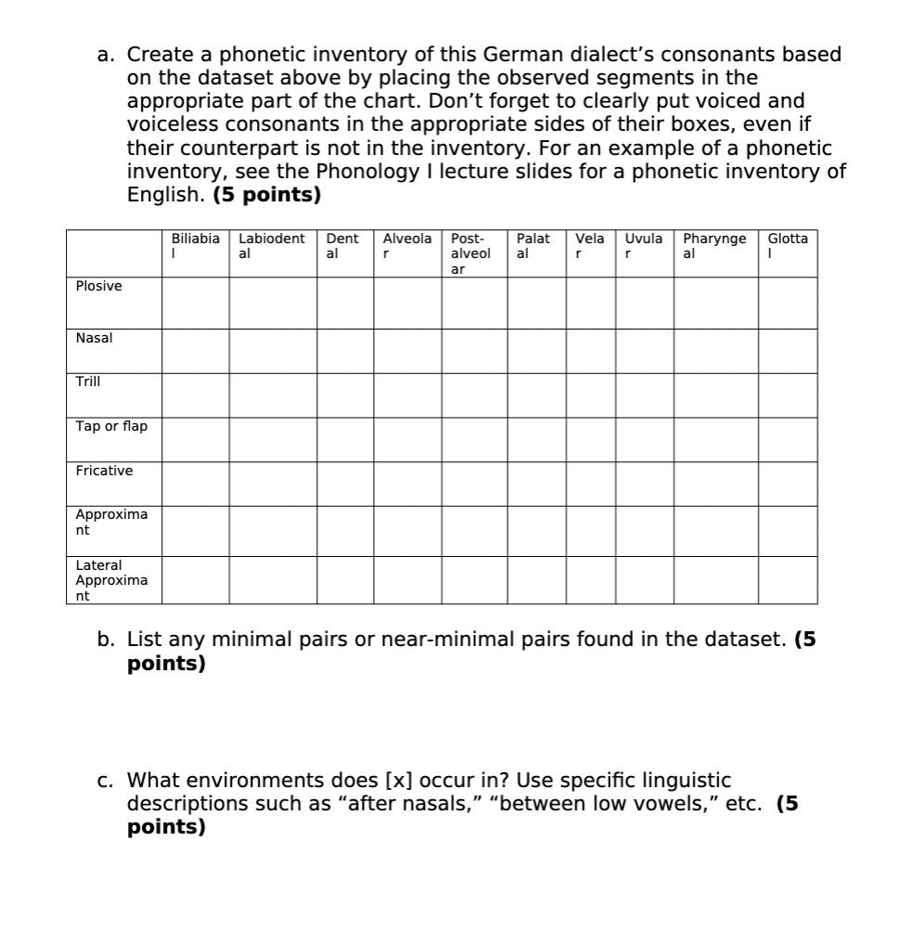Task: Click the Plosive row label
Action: click(x=98, y=286)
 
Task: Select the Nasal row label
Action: click(x=94, y=338)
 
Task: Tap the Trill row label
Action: click(x=88, y=382)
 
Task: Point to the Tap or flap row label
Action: click(x=111, y=426)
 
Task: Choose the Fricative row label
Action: click(x=104, y=471)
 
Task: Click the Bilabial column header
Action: click(x=195, y=245)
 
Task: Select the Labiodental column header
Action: click(x=271, y=245)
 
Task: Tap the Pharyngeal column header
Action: click(x=714, y=245)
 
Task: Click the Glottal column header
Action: click(x=787, y=245)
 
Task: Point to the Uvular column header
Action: click(x=644, y=245)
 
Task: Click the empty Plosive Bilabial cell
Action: click(x=195, y=303)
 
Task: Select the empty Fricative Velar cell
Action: click(x=591, y=483)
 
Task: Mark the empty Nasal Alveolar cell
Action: click(x=406, y=351)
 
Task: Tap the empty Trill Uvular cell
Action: click(x=644, y=395)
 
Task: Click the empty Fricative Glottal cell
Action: click(x=787, y=483)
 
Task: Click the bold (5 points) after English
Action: click(x=267, y=196)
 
